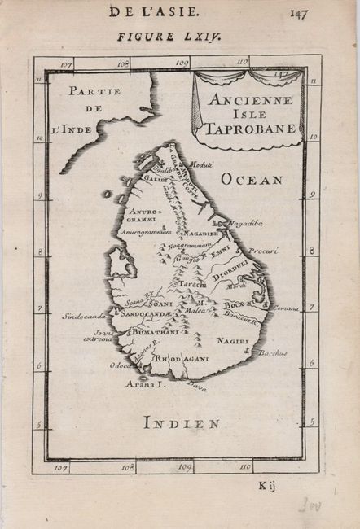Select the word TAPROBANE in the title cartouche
(x=246, y=128)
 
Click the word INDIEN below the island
(x=180, y=422)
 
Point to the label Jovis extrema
(x=98, y=334)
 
